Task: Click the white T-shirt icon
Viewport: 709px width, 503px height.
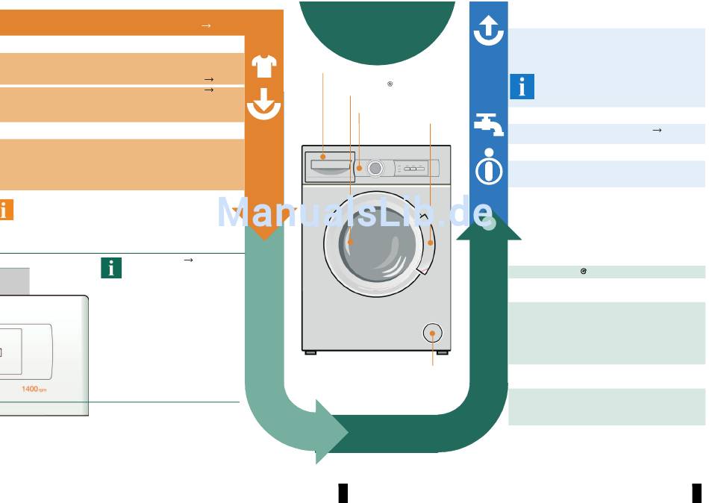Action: (x=264, y=66)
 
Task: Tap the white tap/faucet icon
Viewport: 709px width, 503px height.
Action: (x=489, y=124)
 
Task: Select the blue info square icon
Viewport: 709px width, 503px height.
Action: (x=522, y=87)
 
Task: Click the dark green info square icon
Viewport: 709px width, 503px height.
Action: (x=111, y=268)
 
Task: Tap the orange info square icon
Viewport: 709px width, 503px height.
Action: (x=5, y=210)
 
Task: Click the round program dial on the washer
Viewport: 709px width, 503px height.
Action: (x=375, y=169)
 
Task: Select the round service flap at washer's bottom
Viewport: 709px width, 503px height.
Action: (x=432, y=333)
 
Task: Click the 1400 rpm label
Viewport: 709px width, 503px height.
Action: (x=34, y=389)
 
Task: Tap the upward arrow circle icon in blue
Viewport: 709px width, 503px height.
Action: (x=489, y=31)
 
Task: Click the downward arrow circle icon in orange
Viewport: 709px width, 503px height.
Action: (x=263, y=104)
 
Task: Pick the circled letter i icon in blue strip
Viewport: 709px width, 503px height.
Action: (x=489, y=167)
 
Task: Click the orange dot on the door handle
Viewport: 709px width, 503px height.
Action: (x=431, y=243)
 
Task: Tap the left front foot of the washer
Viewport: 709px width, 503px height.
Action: (x=310, y=352)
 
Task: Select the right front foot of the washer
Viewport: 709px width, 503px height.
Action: (x=442, y=352)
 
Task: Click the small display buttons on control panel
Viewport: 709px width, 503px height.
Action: (x=414, y=169)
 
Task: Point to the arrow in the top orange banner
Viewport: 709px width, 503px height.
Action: (x=206, y=26)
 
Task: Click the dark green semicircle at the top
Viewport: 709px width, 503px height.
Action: (x=377, y=30)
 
